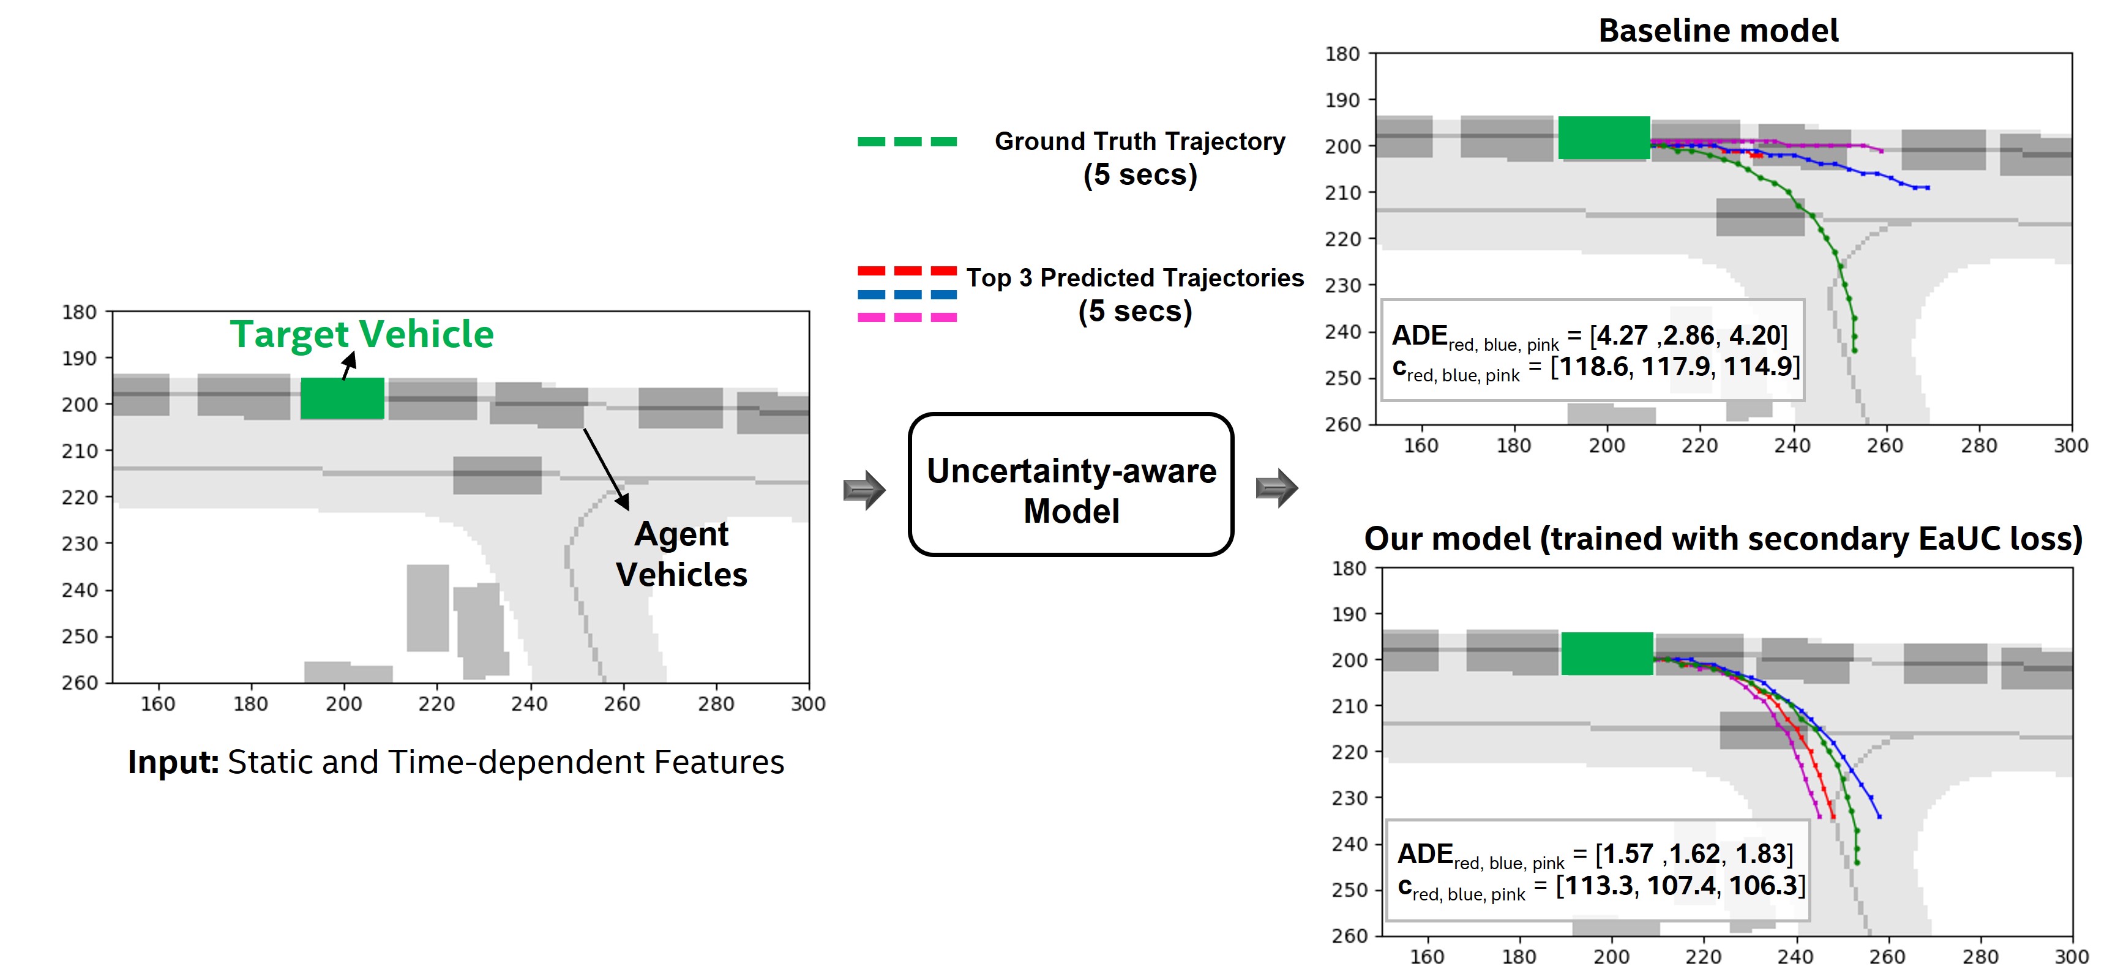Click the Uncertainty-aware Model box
point(1071,485)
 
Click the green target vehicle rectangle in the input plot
point(342,398)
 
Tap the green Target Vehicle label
point(362,334)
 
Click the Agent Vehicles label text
point(681,554)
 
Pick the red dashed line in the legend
point(907,271)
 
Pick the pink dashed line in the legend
point(907,318)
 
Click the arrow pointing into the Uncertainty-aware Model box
point(864,490)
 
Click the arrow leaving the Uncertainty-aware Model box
point(1276,488)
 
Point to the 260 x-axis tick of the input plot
point(621,703)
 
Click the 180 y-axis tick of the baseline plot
point(1342,54)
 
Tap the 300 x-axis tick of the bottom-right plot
point(2071,956)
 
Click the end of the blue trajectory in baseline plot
point(1928,188)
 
